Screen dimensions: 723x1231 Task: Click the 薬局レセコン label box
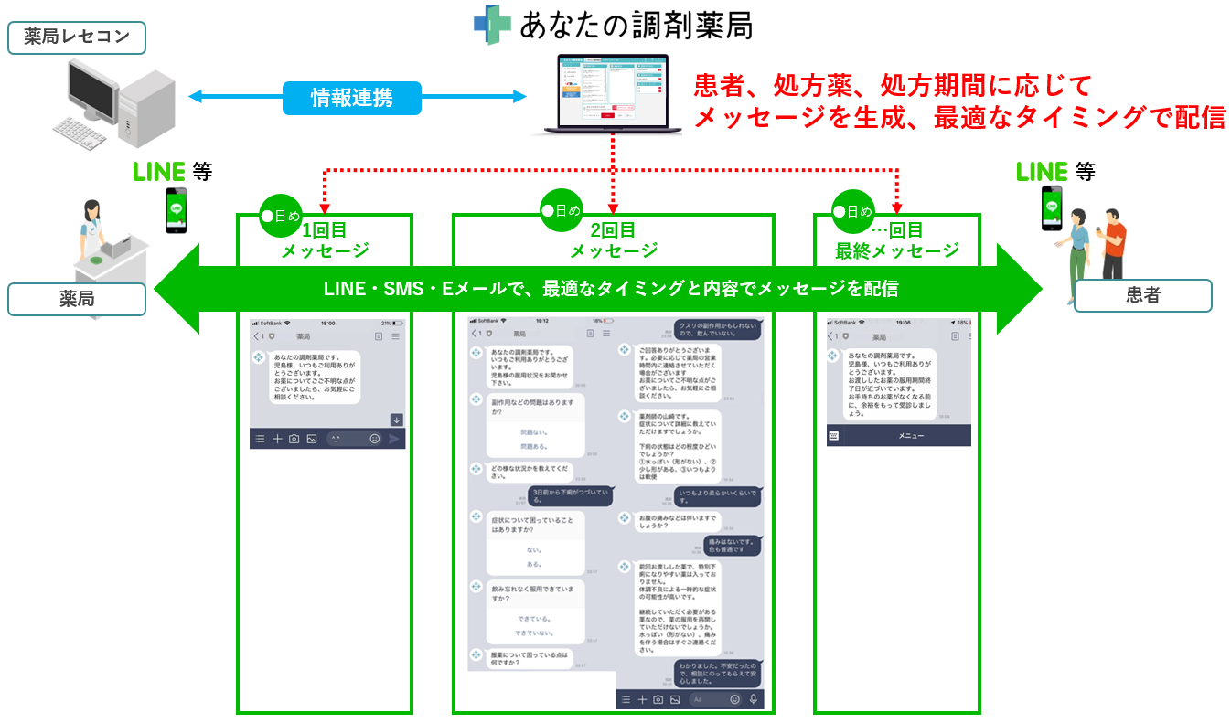pos(77,37)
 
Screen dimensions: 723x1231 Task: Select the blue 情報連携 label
pos(352,98)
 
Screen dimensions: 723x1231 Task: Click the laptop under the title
pos(612,95)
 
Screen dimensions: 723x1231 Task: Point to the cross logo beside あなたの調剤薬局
pos(492,24)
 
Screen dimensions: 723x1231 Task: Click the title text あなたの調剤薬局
pos(636,25)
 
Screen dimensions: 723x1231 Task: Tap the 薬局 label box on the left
pos(77,299)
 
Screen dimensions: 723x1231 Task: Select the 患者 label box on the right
pos(1142,296)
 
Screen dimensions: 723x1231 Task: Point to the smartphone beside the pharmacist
pos(176,210)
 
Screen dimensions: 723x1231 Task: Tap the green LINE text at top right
pos(1042,172)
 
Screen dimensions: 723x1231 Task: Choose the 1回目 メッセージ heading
pos(325,240)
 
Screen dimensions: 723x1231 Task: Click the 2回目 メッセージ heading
pos(614,240)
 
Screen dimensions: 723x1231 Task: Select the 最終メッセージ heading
pos(897,240)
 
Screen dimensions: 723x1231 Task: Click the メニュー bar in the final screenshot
pos(910,437)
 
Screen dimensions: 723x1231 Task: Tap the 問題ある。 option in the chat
pos(535,446)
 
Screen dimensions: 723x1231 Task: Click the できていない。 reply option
pos(534,633)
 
